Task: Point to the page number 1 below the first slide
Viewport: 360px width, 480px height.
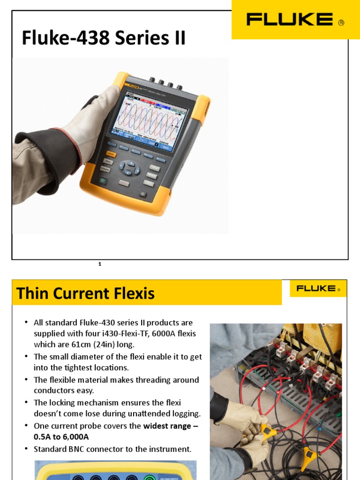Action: tap(100, 264)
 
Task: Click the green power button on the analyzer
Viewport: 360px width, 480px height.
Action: tap(102, 181)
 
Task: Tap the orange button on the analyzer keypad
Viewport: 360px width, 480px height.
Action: tap(111, 153)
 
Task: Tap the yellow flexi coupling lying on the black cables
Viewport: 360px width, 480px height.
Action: tap(309, 453)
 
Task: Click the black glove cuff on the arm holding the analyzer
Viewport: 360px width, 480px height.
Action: tap(49, 159)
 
